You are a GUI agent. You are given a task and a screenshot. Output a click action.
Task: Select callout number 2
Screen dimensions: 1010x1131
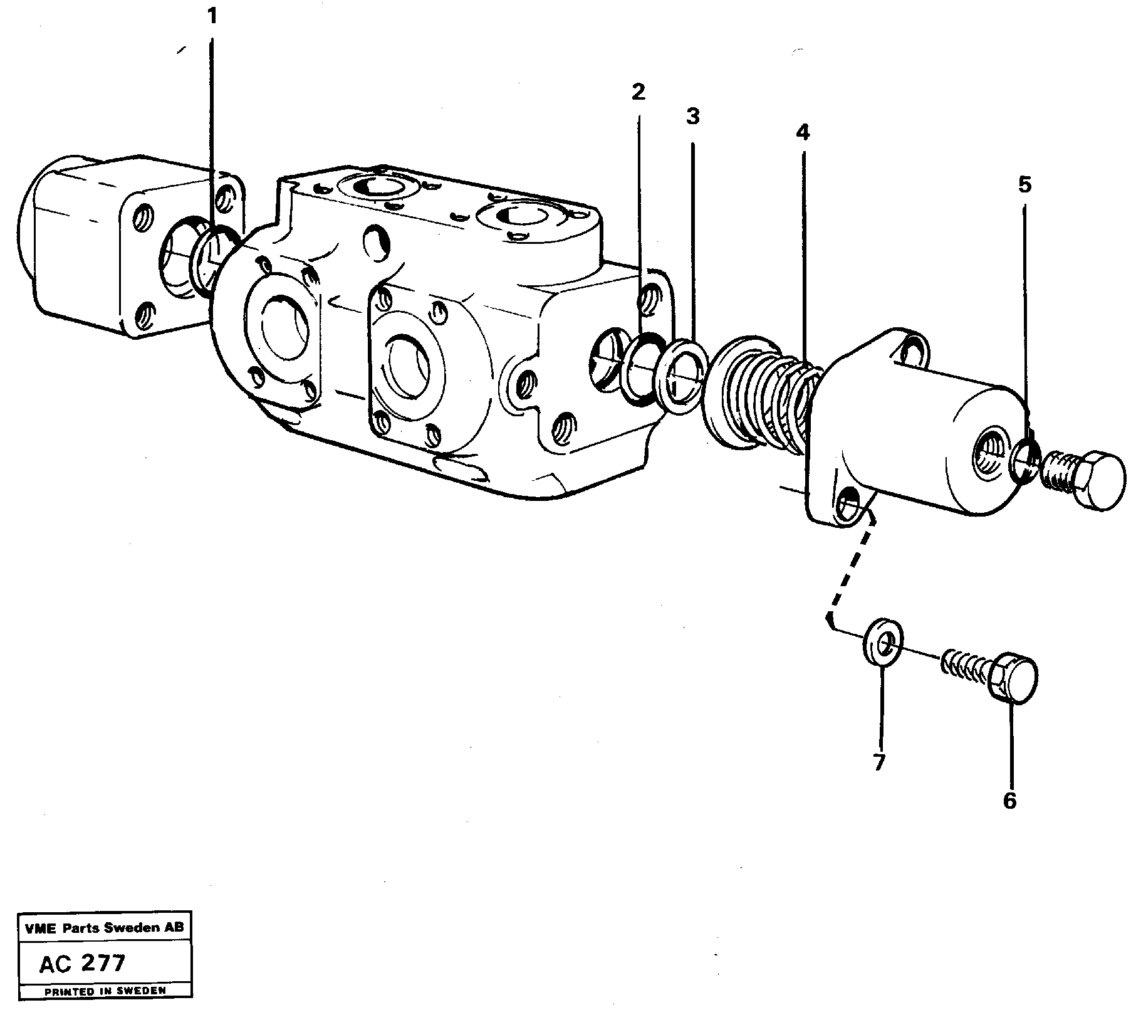click(x=638, y=92)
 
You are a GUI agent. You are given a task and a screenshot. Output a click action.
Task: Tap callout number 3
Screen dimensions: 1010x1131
click(x=692, y=116)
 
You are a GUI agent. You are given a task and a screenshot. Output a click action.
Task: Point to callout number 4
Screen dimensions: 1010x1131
click(x=803, y=132)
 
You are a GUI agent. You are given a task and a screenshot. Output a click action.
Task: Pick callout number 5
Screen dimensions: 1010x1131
click(x=1024, y=185)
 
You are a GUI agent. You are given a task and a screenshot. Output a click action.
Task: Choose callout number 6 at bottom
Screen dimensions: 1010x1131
click(x=1009, y=801)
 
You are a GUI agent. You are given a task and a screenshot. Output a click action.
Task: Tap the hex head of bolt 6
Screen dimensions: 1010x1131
click(x=1015, y=677)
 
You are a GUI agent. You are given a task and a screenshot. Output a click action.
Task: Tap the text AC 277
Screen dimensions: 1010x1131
click(x=81, y=963)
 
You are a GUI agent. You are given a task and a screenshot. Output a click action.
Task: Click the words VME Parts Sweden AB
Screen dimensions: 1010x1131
click(x=104, y=928)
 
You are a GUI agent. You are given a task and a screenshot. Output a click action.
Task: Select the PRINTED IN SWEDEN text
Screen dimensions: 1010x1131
click(x=105, y=991)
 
